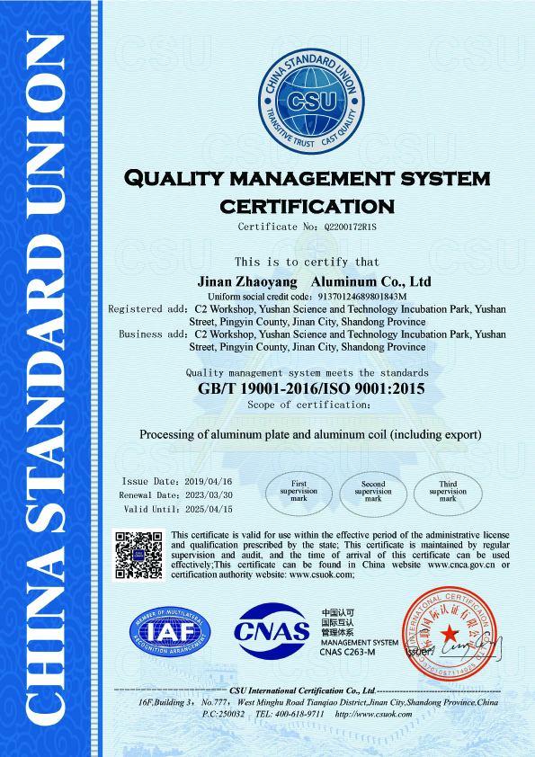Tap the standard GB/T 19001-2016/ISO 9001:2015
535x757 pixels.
[310, 389]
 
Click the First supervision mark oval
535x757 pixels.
[299, 491]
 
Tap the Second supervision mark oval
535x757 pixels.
[373, 491]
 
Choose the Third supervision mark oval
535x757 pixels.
[448, 491]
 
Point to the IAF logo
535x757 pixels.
[170, 632]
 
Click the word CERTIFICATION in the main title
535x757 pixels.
[308, 206]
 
